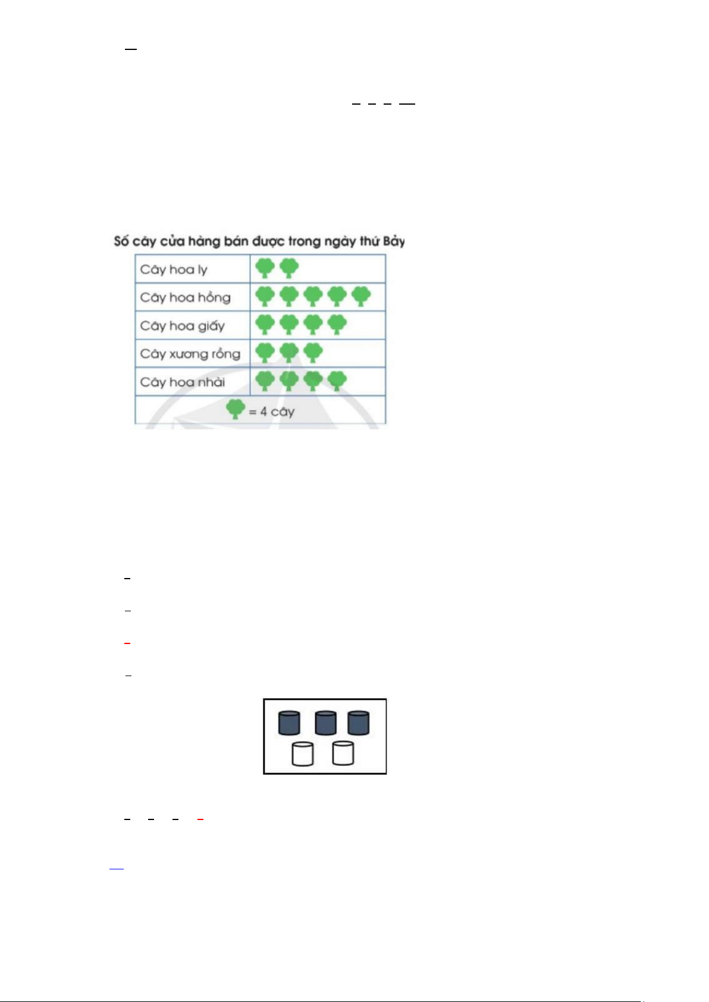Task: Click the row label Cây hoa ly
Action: [174, 270]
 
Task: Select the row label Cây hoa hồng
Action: [185, 297]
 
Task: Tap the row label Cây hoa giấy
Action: [182, 326]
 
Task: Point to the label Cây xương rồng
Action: [190, 354]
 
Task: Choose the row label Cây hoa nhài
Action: [183, 382]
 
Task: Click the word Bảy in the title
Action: [394, 241]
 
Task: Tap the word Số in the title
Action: [121, 241]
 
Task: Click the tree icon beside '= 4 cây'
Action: [236, 409]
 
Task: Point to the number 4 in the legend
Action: [263, 412]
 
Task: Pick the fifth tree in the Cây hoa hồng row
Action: [361, 296]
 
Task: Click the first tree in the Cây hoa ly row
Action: [265, 268]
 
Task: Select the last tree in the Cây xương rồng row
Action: [313, 353]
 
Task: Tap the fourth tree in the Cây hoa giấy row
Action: [337, 324]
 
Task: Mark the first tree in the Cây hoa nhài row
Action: [265, 381]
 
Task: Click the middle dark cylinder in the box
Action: [325, 723]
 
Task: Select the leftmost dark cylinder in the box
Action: [289, 723]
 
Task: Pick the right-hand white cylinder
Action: [343, 753]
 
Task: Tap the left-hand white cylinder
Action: [302, 754]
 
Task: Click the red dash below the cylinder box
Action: [200, 819]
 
